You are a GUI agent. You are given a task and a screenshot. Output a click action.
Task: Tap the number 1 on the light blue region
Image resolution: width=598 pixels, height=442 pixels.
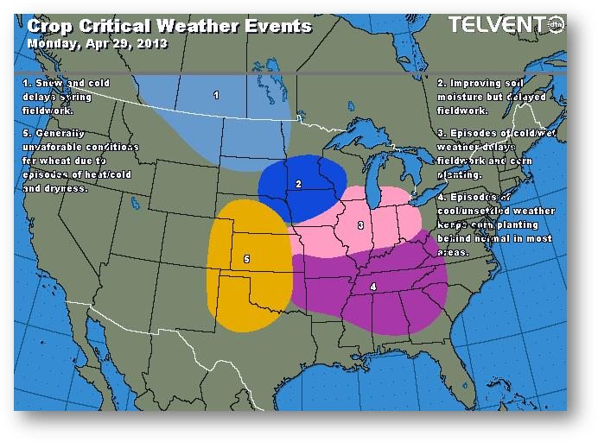point(216,95)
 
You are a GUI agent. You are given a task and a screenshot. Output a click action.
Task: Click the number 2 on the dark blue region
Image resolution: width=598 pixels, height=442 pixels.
point(298,183)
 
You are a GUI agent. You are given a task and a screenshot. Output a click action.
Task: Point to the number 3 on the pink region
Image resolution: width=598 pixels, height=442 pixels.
point(359,225)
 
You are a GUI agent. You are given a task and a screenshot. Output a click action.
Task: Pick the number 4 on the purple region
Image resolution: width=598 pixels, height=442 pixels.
point(372,287)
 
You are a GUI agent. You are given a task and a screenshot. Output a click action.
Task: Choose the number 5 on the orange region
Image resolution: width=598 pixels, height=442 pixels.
point(246,258)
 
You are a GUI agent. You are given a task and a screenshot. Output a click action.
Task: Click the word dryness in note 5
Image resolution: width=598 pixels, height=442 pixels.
point(69,188)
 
